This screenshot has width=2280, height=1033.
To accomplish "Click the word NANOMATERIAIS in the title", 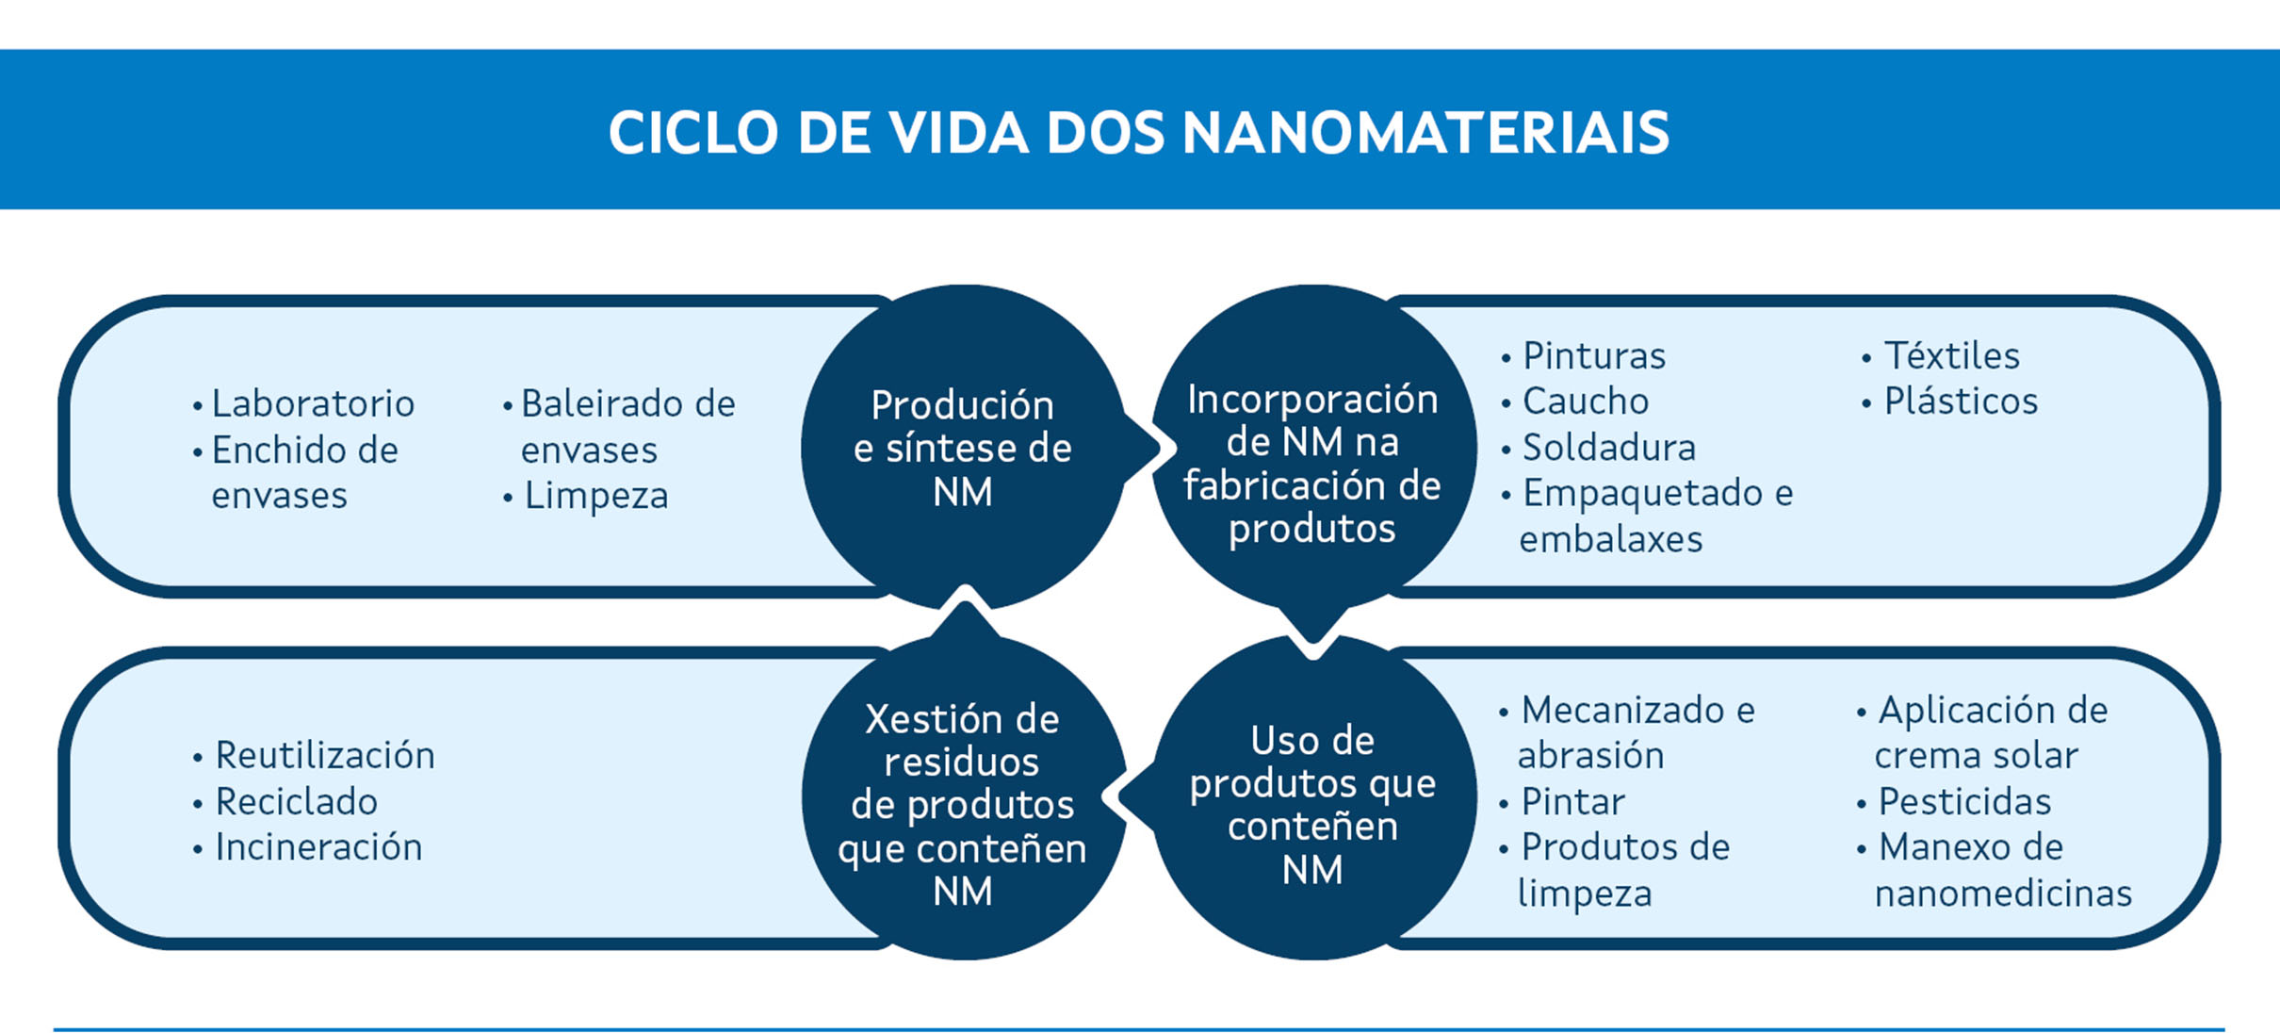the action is click(1425, 132).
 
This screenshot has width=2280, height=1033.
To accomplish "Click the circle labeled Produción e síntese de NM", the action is click(963, 448).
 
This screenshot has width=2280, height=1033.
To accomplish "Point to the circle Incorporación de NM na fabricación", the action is click(1313, 448).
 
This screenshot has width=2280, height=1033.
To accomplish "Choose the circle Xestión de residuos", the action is click(963, 798).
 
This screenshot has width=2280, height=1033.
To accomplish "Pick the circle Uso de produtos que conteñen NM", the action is click(1313, 798).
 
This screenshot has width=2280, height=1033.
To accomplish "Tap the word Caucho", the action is click(1586, 402).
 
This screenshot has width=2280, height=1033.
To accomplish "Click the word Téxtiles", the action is click(1952, 356).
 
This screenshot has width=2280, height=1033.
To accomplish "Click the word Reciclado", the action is click(297, 802).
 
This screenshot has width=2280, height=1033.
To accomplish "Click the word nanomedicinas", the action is click(2003, 894).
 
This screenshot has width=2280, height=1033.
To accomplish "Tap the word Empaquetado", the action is click(1642, 494).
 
